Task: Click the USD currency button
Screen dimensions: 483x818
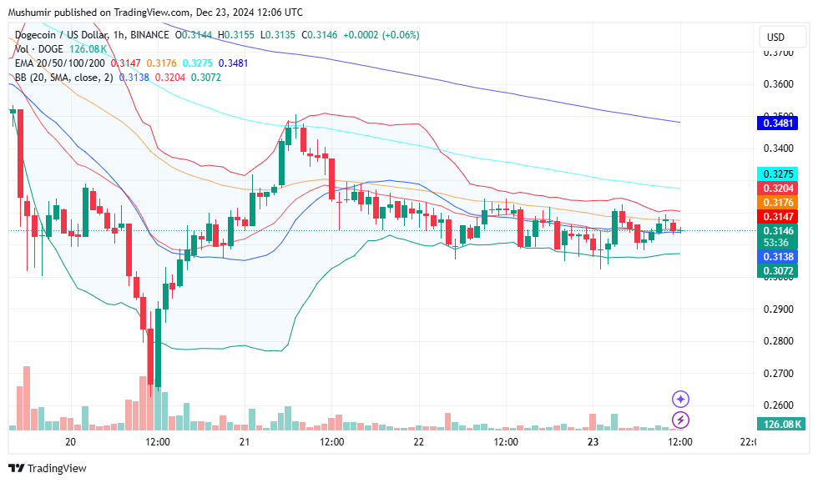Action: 775,38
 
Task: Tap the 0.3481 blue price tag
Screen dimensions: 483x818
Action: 779,123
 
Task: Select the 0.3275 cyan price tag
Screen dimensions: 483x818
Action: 779,174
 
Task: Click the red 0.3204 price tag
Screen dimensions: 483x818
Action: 779,189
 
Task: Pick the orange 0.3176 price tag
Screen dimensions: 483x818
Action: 779,203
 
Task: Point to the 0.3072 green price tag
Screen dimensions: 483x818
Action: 779,271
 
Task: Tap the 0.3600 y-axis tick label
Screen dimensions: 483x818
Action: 779,84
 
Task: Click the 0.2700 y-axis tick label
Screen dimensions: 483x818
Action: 779,373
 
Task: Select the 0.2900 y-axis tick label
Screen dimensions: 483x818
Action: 779,309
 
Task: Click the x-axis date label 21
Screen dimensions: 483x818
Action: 245,441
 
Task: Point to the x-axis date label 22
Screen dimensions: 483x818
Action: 418,441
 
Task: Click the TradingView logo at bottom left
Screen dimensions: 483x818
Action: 48,469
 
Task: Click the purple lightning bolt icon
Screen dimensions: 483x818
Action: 681,420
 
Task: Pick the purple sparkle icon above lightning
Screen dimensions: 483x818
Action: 681,399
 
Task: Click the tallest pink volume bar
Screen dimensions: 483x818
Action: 27,398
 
